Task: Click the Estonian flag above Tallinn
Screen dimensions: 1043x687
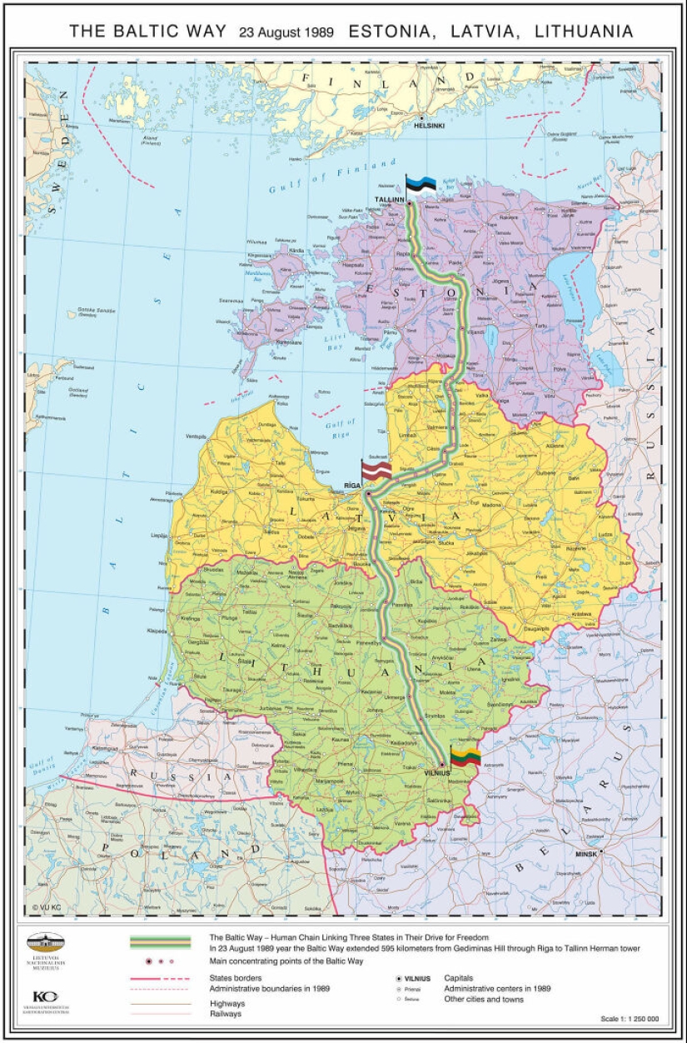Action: (x=421, y=185)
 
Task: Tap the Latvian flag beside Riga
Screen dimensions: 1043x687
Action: (x=376, y=471)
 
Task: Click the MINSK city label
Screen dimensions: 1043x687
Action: (x=586, y=854)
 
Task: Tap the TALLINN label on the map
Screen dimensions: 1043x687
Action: (x=389, y=201)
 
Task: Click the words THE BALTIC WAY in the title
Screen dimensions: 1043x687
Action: (x=147, y=32)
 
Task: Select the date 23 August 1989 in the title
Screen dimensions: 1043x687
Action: (x=286, y=32)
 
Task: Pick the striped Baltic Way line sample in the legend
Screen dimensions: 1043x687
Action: (x=160, y=942)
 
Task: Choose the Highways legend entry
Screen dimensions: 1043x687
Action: (x=227, y=1004)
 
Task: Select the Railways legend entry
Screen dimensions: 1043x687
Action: (x=227, y=1014)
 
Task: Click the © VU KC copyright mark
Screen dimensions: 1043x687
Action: (x=47, y=907)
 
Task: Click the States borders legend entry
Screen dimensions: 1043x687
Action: (x=236, y=978)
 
